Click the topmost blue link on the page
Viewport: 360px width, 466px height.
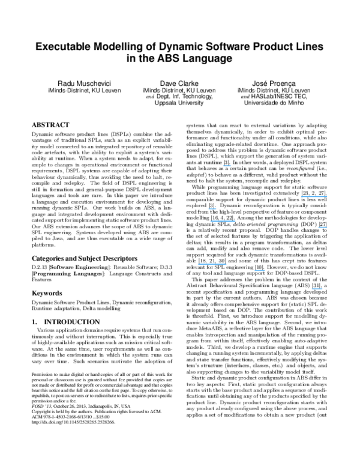click(x=227, y=166)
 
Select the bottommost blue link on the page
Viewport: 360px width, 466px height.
click(x=317, y=289)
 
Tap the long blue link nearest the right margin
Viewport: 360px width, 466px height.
click(x=314, y=196)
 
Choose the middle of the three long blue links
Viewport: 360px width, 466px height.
click(x=223, y=221)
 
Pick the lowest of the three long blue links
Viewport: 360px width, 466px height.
click(x=212, y=264)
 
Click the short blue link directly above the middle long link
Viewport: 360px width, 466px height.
click(x=212, y=208)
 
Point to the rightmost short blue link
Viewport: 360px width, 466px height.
click(x=323, y=227)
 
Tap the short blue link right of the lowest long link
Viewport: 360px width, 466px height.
click(x=260, y=270)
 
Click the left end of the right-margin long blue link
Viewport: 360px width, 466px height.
click(x=301, y=196)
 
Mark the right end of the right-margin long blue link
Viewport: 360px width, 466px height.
click(x=327, y=196)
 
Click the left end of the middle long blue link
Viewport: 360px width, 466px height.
click(x=211, y=221)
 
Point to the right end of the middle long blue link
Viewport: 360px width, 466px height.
click(x=235, y=221)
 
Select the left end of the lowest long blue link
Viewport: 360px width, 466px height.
click(x=199, y=264)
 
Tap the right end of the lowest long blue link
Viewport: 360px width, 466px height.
click(x=226, y=264)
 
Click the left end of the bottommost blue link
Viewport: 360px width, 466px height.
click(x=312, y=289)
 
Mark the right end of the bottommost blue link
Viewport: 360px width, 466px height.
click(x=322, y=289)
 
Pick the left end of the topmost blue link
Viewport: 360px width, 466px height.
click(x=223, y=166)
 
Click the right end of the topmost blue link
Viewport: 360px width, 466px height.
click(x=231, y=166)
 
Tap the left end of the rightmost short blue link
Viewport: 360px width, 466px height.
click(x=319, y=227)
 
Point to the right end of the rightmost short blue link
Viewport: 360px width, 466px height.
click(x=327, y=227)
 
